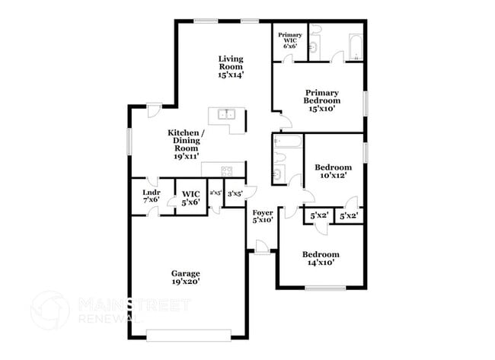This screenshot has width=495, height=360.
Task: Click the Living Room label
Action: (230, 67)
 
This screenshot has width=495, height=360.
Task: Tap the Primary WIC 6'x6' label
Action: (289, 41)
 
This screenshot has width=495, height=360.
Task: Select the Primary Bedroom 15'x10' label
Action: (321, 100)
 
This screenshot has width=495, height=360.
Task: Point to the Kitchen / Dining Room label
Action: (185, 143)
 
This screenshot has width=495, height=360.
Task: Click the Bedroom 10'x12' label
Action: (333, 171)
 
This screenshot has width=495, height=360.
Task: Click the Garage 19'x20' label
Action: (185, 278)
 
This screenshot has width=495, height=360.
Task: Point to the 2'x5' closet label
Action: (216, 193)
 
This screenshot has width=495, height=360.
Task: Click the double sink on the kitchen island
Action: (226, 115)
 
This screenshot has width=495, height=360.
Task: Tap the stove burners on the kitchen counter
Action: (226, 170)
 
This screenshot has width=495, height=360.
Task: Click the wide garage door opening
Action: (188, 332)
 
